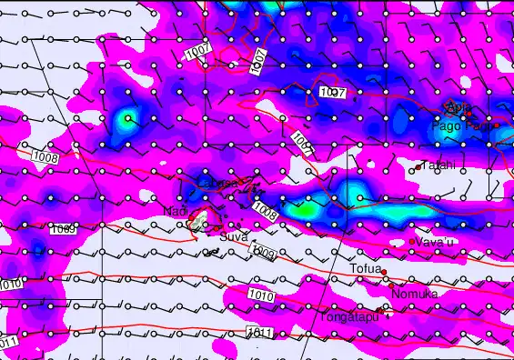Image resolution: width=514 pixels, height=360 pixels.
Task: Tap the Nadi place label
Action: [x=175, y=212]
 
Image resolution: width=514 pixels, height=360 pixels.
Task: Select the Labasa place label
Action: [x=217, y=184]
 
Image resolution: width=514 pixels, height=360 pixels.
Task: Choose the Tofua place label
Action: [x=365, y=269]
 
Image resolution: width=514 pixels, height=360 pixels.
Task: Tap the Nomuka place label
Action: [x=414, y=295]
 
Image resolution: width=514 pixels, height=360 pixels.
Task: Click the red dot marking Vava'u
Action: [x=413, y=241]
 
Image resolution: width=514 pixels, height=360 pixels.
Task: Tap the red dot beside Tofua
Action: [x=384, y=272]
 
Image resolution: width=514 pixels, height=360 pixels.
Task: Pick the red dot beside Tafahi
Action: [x=418, y=168]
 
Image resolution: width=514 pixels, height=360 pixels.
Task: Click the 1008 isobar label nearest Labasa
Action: [x=265, y=212]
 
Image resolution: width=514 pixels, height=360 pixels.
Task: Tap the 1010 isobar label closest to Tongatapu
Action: [x=260, y=295]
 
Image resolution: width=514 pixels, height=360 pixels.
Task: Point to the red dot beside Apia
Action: [x=446, y=106]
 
